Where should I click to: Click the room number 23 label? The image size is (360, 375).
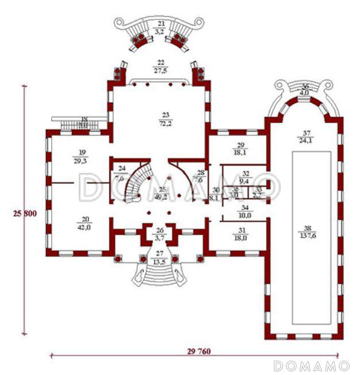pos(161,115)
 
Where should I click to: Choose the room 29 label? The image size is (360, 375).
pos(241,145)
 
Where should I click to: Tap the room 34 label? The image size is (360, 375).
pos(245,208)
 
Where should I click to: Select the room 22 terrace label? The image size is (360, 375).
pos(160,63)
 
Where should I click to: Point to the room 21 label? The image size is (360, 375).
pos(161,23)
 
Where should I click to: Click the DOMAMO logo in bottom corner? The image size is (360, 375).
pos(311,365)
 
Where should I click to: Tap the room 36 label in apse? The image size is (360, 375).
pos(305,87)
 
